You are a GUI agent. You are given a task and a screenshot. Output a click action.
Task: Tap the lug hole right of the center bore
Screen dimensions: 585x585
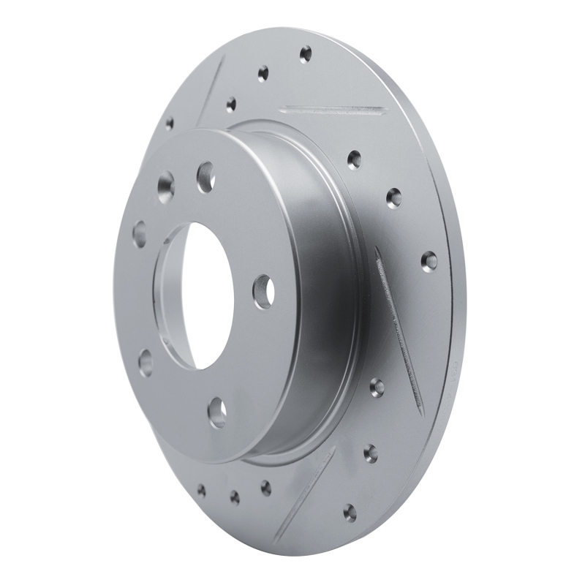point(263,290)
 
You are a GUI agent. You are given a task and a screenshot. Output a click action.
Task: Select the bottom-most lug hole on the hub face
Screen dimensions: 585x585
point(217,412)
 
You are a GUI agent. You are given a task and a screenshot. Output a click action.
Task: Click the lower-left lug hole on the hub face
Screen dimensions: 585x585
point(146,362)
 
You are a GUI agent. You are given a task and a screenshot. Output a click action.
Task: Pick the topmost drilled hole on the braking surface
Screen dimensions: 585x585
point(306,54)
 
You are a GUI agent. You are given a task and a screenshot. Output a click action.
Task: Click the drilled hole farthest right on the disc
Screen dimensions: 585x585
point(429,260)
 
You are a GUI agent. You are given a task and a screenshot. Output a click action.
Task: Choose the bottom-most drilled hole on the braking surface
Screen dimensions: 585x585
point(350,512)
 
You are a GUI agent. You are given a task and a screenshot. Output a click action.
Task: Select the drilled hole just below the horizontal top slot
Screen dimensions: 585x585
point(355,159)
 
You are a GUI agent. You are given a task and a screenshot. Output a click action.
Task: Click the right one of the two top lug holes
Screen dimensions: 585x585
point(205,176)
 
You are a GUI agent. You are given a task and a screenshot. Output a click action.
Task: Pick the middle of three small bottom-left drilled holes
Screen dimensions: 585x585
point(235,497)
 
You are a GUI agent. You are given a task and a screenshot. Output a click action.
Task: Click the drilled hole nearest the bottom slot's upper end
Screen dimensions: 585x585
point(371,453)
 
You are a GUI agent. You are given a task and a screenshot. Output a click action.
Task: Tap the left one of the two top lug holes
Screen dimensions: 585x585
point(165,186)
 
